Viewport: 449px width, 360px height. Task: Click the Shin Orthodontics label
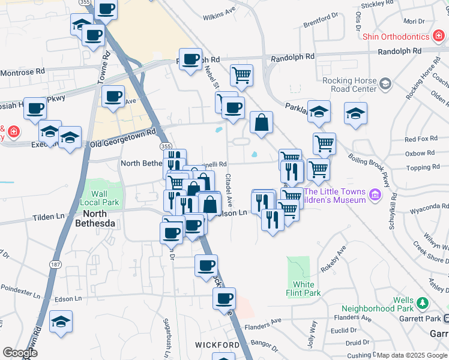396,37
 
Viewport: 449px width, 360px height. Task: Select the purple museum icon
375,194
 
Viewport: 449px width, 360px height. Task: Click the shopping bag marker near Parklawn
261,122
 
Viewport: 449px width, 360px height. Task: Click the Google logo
20,353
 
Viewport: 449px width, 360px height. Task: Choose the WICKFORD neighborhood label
217,345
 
